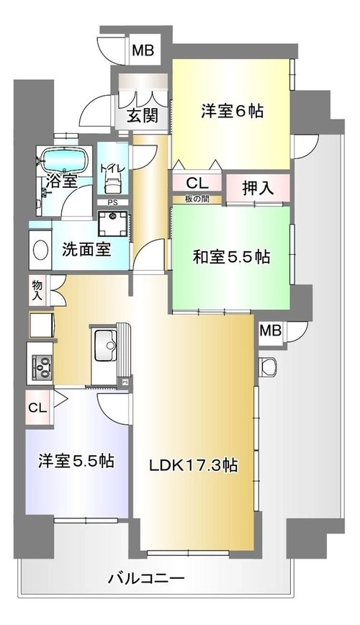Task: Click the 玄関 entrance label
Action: pos(143,115)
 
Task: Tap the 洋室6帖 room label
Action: pos(232,111)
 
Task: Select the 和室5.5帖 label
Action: pos(231,257)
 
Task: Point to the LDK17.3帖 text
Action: pos(194,464)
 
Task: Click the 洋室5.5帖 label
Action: pos(76,461)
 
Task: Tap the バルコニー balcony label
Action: pos(146,578)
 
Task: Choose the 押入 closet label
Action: pos(258,188)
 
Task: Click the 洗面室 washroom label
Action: pos(86,250)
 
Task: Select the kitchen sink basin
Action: pos(105,345)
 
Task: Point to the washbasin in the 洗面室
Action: pos(40,251)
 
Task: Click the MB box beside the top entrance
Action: pos(143,50)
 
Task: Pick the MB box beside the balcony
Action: pos(271,331)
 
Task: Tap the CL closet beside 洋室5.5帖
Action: pos(38,408)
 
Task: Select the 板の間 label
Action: pos(197,199)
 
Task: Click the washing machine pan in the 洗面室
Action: pos(113,223)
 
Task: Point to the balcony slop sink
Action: pos(268,367)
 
